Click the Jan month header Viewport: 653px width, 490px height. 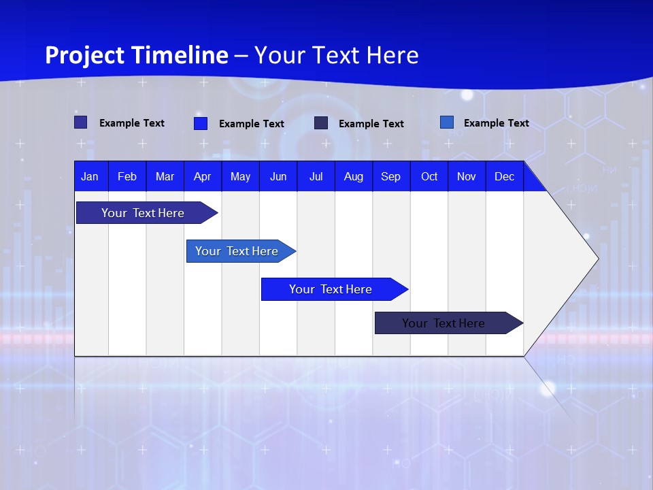[90, 176]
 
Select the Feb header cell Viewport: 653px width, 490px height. [127, 176]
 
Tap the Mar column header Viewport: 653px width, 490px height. [165, 176]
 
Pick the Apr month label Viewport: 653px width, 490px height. [203, 176]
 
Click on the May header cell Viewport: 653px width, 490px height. [240, 176]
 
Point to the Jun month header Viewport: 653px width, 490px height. [278, 176]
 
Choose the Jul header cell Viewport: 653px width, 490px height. [316, 176]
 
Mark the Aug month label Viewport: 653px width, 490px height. [354, 176]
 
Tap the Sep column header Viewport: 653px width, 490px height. [391, 176]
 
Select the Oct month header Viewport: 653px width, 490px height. [429, 176]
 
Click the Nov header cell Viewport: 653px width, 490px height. [467, 176]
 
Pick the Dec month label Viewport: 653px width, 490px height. [505, 176]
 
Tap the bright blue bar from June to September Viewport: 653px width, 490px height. [331, 289]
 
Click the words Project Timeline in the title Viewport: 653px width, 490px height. [137, 55]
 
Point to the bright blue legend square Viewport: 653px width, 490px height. [201, 123]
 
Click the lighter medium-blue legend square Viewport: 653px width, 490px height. [447, 122]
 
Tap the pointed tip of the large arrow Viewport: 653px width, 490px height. [596, 259]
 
